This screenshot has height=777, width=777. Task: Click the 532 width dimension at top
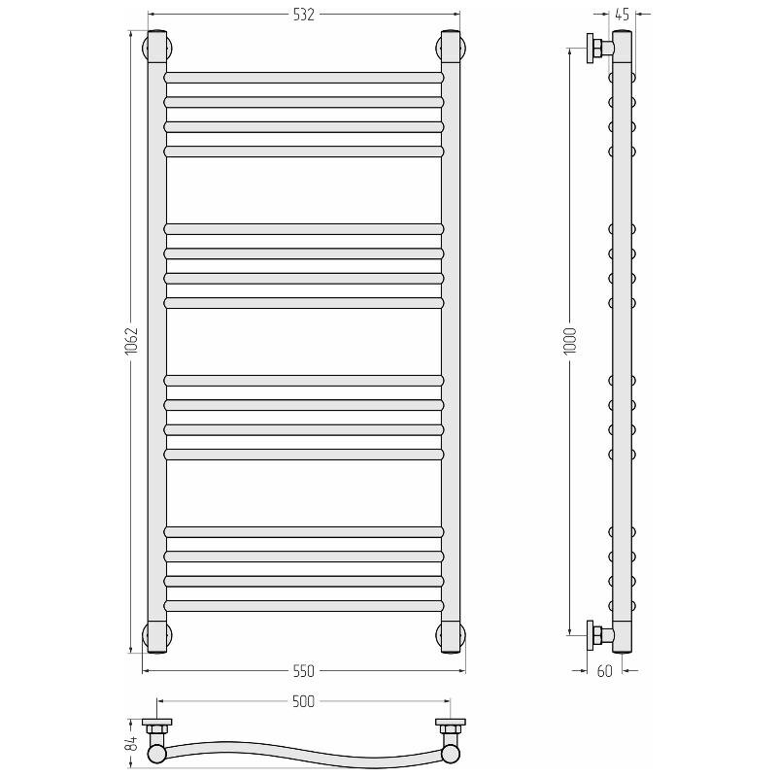pyautogui.click(x=304, y=15)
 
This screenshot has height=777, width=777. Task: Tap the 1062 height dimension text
pyautogui.click(x=131, y=340)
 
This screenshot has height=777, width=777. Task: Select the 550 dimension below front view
pyautogui.click(x=303, y=670)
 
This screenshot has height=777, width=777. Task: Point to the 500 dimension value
pyautogui.click(x=303, y=701)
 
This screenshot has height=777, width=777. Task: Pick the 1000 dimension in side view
pyautogui.click(x=570, y=341)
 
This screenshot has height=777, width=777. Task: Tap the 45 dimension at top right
pyautogui.click(x=622, y=15)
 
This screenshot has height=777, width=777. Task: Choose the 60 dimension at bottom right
pyautogui.click(x=604, y=670)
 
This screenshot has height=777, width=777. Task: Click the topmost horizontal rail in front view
pyautogui.click(x=304, y=78)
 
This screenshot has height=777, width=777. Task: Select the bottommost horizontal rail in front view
pyautogui.click(x=304, y=605)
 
